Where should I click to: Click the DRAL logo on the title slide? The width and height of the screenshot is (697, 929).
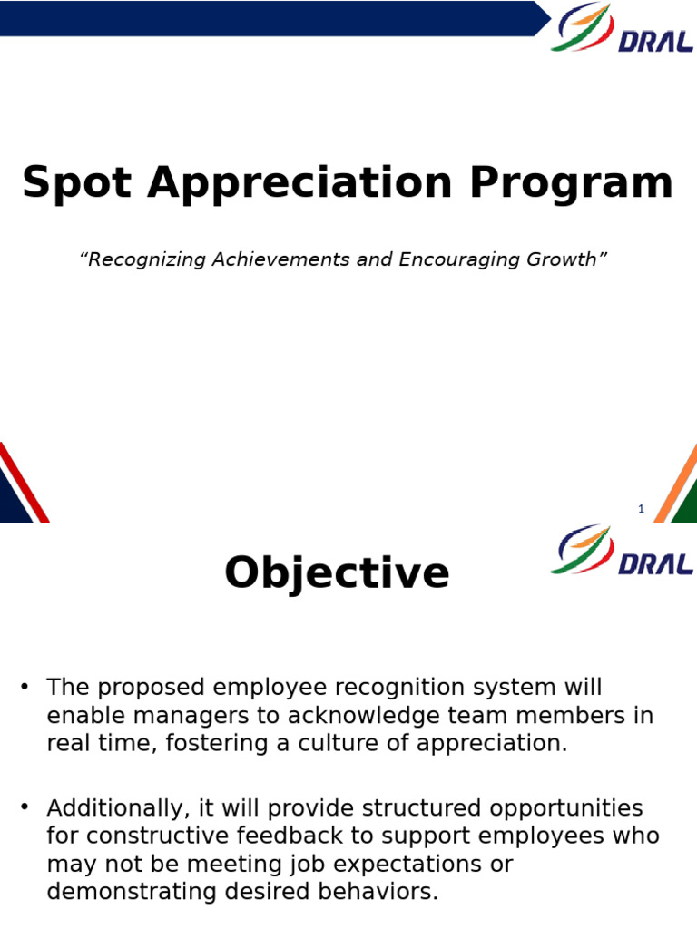point(622,29)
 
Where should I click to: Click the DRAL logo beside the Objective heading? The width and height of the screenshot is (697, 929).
point(622,551)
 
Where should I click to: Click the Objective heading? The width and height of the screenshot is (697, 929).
point(337,573)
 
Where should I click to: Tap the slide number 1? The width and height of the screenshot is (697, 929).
point(641,509)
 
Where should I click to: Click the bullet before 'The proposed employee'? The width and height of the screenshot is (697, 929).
point(25,686)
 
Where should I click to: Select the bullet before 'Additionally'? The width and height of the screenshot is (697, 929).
point(25,807)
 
